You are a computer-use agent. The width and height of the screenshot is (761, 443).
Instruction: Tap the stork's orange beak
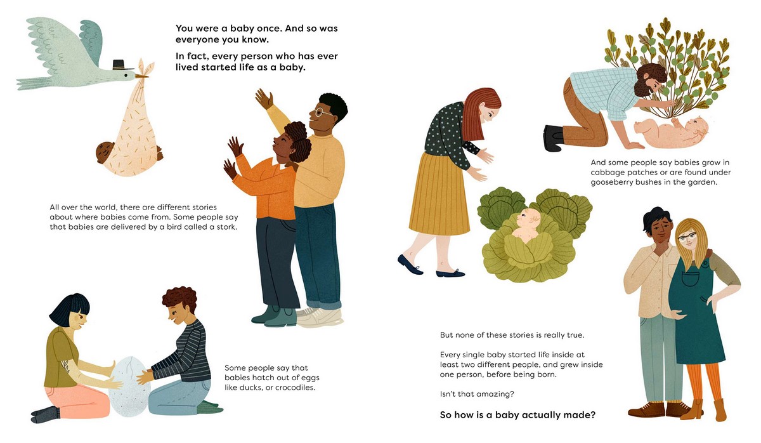[141, 77]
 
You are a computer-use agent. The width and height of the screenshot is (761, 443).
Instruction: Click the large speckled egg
[130, 387]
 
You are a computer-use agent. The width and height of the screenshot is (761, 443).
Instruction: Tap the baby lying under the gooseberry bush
[671, 132]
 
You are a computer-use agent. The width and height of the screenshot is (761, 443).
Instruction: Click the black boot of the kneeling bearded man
[554, 138]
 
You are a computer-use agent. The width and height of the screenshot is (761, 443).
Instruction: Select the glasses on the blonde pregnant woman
[687, 236]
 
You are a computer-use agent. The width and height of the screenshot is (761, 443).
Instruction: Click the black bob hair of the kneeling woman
[69, 308]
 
